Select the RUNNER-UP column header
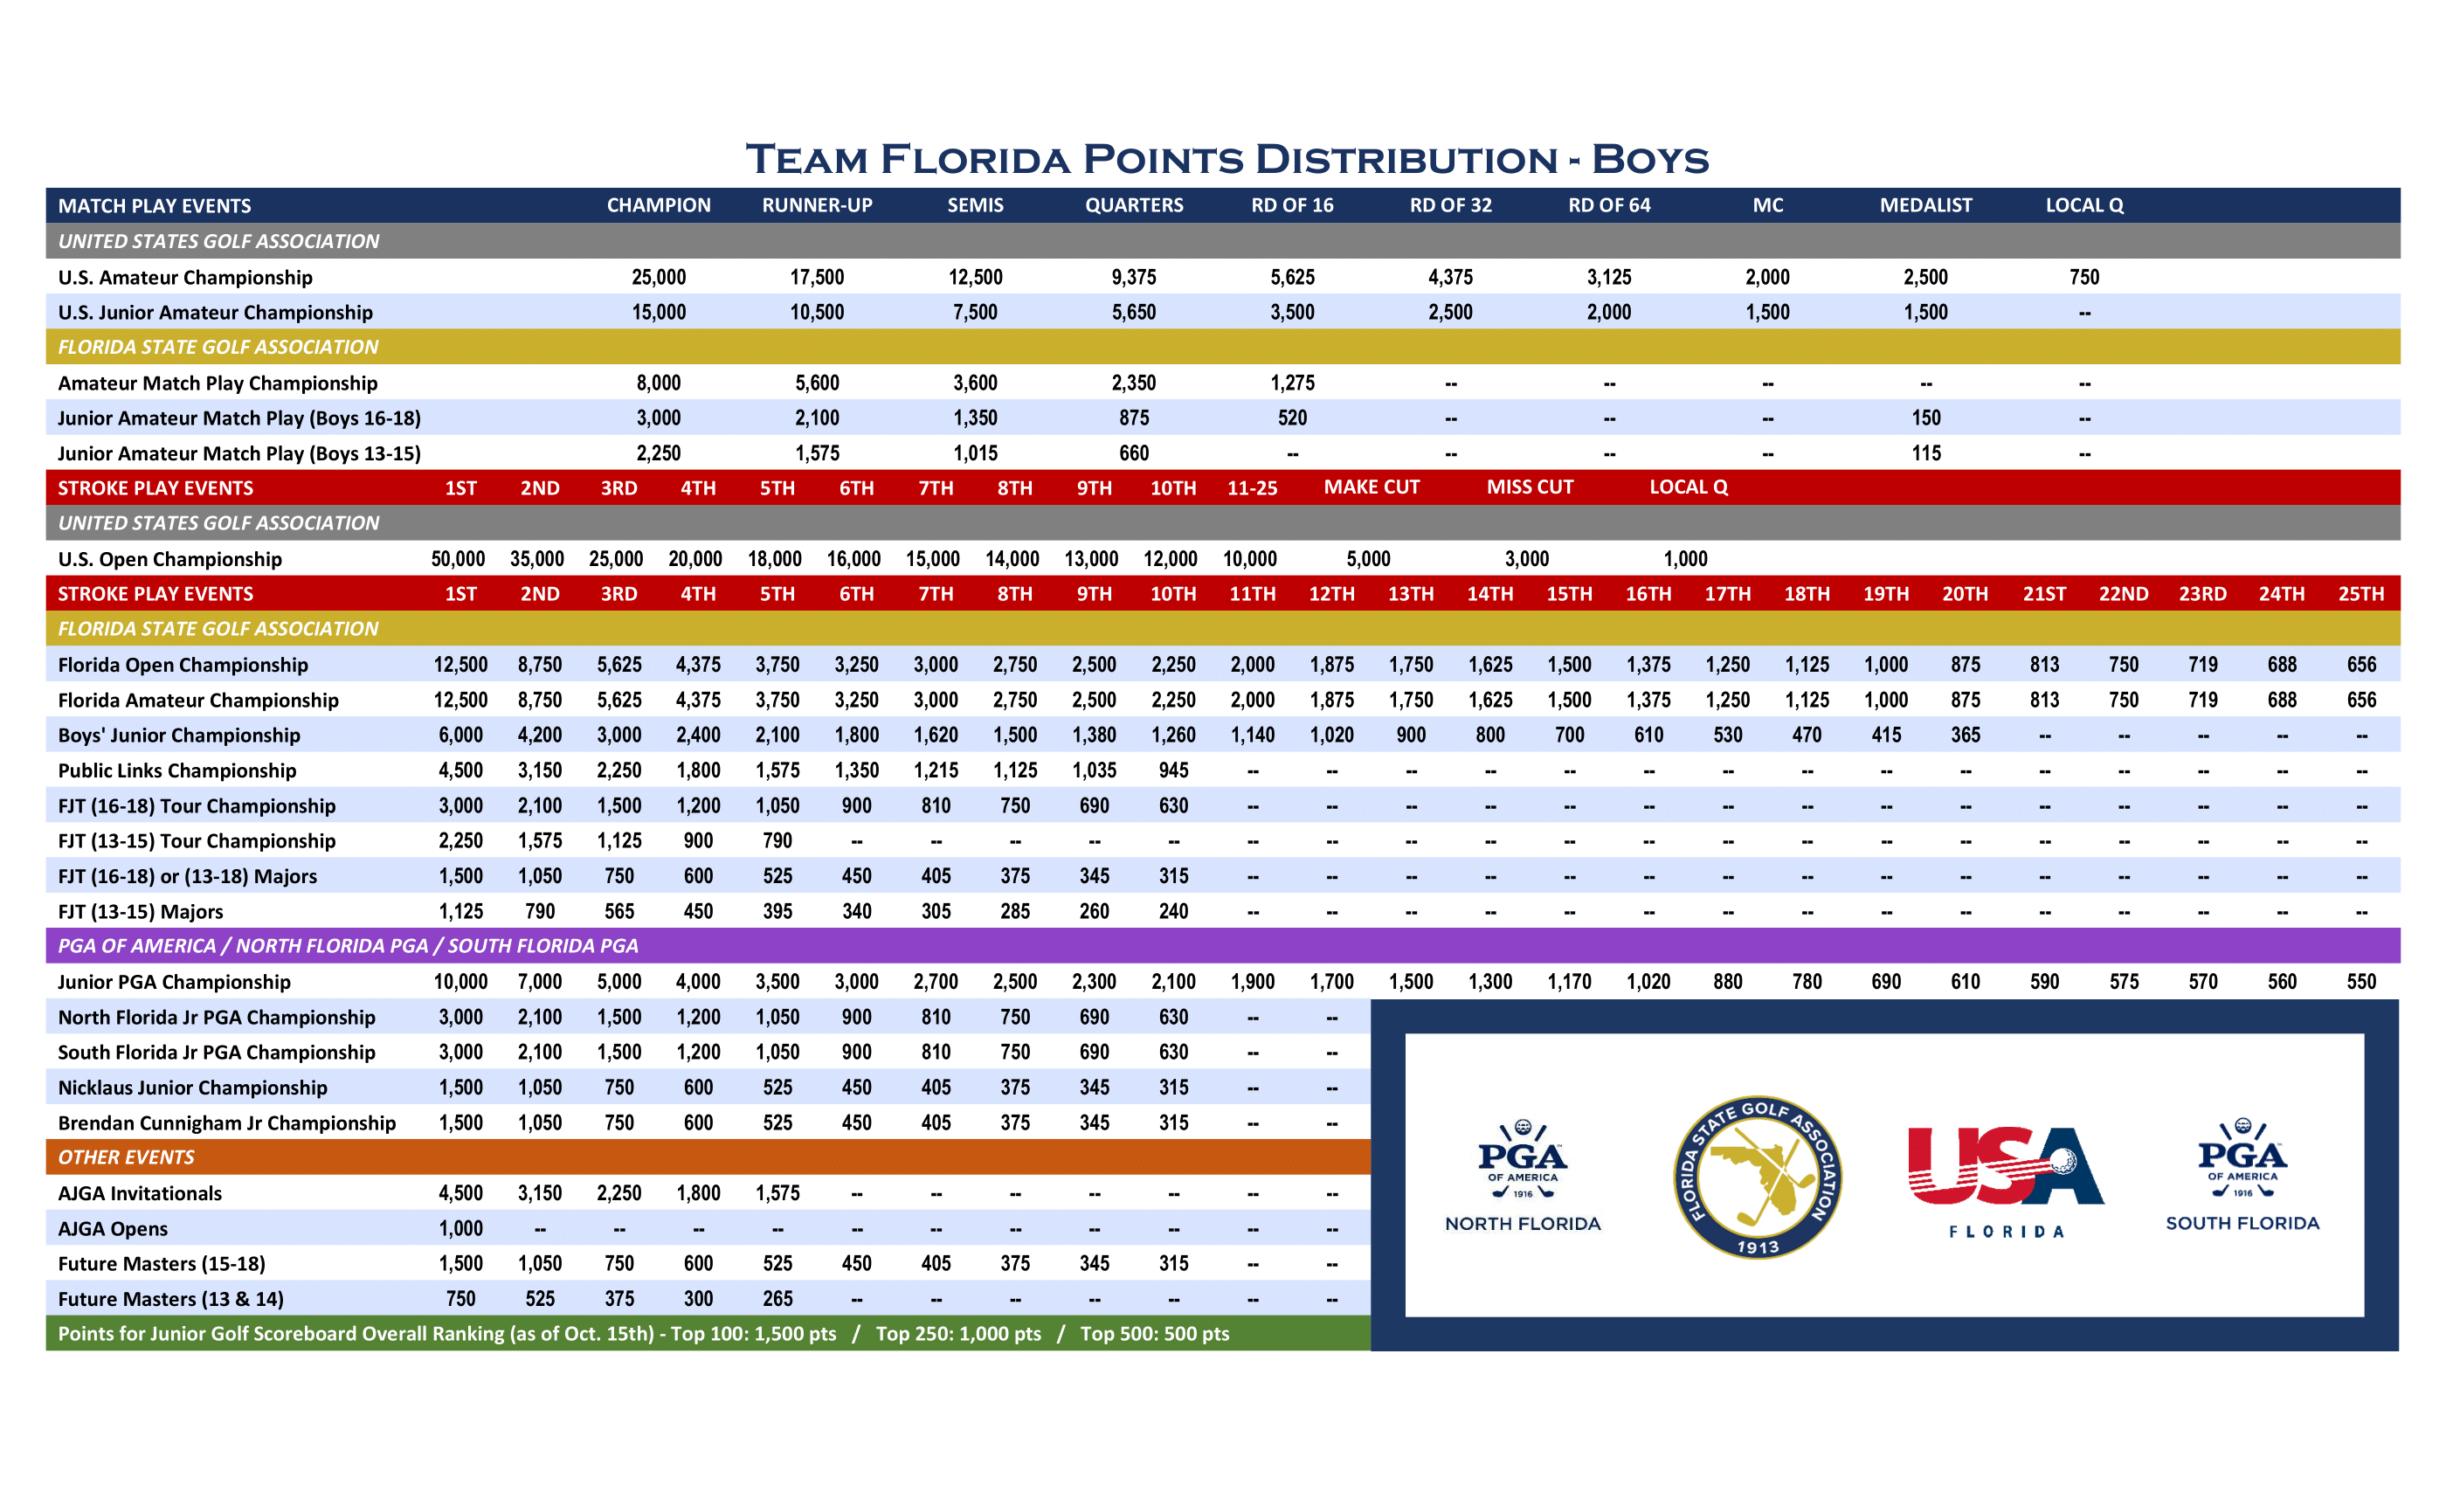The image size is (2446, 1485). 817,205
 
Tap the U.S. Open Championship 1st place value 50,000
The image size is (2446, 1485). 458,559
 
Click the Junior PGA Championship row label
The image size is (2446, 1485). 174,982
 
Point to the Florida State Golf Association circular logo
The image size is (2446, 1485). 1757,1178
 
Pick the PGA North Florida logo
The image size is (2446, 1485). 1523,1177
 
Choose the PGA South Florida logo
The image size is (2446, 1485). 2242,1177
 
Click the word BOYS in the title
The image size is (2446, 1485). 1650,160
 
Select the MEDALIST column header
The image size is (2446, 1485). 1926,205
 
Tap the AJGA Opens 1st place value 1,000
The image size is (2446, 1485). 460,1229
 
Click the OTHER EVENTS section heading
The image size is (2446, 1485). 126,1157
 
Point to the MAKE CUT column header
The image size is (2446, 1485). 1372,487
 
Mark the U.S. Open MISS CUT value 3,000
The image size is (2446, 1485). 1527,559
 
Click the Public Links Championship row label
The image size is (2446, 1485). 176,770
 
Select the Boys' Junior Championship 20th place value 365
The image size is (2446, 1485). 1966,736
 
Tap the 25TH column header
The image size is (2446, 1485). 2360,594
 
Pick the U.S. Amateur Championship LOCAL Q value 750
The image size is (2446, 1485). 2084,277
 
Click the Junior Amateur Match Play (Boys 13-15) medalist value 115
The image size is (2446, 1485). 1926,453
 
